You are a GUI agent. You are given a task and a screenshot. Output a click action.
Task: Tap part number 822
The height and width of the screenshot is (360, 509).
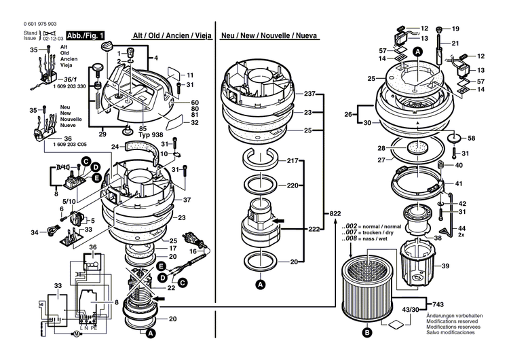(x=334, y=213)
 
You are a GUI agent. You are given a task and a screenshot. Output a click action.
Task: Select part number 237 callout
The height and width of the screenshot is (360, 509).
(x=310, y=94)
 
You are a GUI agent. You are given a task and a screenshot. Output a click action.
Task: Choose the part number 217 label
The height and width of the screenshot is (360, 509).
(x=293, y=160)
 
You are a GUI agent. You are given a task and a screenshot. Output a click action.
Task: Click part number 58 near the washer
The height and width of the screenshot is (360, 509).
(x=471, y=138)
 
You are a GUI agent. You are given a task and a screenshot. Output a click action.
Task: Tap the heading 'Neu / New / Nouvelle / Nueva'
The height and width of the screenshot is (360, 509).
(x=276, y=35)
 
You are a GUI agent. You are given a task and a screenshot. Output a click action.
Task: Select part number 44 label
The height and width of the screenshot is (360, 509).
(x=462, y=229)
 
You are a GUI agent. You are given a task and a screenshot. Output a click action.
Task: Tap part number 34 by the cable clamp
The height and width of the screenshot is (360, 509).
(x=34, y=233)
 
